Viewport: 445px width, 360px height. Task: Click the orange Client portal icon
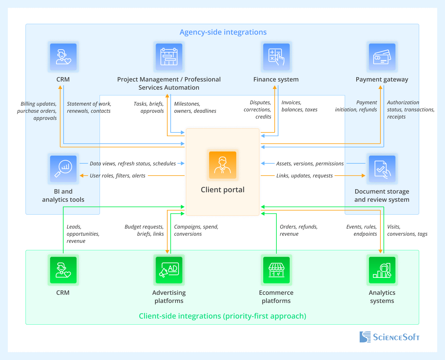point(223,165)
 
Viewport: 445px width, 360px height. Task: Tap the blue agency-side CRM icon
point(63,57)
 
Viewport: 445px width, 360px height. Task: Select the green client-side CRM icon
point(63,270)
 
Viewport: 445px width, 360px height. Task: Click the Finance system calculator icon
point(276,57)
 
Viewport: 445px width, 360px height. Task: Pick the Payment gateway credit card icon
point(382,57)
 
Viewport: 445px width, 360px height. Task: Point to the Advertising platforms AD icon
point(169,270)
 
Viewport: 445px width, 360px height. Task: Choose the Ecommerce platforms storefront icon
point(276,270)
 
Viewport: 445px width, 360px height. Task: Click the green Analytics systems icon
point(382,270)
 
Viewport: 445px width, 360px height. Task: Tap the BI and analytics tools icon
point(63,169)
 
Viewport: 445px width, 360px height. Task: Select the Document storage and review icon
point(382,169)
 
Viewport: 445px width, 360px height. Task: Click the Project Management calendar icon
point(169,57)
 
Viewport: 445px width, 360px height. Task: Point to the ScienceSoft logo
point(389,337)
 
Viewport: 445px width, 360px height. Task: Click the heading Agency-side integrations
point(223,32)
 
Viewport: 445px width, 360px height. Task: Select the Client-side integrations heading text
point(222,316)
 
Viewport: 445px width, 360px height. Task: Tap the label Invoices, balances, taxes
point(299,106)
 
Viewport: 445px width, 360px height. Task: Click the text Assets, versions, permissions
point(310,164)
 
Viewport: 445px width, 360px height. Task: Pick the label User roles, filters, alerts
point(117,176)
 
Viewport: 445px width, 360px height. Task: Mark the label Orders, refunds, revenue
point(298,230)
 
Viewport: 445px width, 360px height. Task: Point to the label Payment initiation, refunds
point(356,106)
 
